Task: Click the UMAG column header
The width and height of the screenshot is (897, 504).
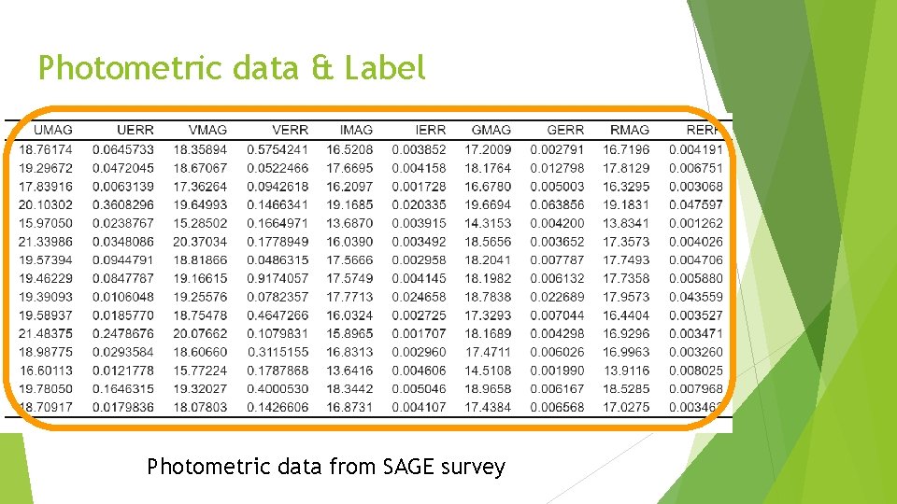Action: pos(52,130)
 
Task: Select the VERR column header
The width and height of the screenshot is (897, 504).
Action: pos(290,130)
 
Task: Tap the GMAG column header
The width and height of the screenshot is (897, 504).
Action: pos(491,130)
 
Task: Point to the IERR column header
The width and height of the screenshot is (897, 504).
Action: pos(430,130)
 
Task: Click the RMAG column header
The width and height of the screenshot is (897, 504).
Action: pos(629,130)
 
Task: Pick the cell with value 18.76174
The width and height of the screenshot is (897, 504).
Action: pos(45,149)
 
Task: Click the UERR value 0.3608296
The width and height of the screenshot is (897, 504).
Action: pos(123,204)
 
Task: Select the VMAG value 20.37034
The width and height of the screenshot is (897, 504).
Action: pos(200,242)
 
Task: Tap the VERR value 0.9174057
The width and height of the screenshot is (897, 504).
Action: pos(278,278)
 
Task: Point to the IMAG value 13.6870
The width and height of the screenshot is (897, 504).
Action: pos(349,223)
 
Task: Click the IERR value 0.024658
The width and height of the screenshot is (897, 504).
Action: pos(420,297)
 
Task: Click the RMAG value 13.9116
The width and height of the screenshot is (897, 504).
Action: pos(626,371)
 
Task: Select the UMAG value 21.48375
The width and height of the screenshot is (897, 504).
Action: pos(45,333)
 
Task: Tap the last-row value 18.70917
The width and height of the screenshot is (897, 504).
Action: pos(45,407)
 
